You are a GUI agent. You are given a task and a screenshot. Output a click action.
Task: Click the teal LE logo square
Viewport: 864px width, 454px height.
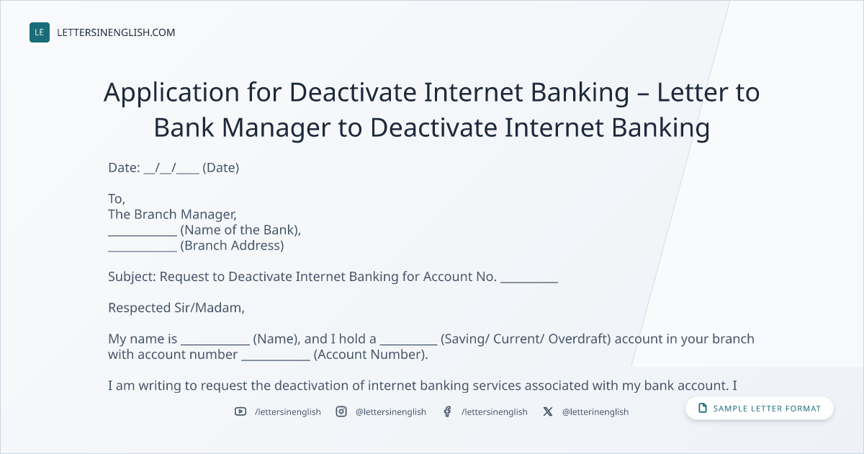(40, 32)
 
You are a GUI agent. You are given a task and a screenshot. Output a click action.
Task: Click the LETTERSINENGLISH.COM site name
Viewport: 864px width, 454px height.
(116, 32)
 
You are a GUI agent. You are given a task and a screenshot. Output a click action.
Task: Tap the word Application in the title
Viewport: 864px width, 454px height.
(171, 93)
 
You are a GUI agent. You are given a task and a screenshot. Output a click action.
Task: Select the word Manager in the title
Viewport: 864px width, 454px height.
(276, 128)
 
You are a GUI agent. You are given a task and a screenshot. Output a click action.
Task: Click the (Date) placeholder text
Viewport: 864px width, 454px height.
(220, 167)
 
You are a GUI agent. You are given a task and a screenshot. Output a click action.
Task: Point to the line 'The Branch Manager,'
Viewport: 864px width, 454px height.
(172, 214)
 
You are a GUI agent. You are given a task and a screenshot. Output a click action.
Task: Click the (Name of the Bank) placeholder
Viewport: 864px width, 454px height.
(240, 230)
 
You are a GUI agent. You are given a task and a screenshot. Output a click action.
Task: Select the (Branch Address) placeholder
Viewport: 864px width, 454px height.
(232, 246)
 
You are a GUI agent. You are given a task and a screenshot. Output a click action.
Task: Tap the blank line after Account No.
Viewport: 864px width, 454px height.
(529, 282)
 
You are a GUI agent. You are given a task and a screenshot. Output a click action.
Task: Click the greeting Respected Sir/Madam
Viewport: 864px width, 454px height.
(176, 308)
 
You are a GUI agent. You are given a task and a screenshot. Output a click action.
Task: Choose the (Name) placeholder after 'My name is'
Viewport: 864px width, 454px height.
(276, 339)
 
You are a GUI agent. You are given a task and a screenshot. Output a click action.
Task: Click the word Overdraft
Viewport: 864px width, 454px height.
(580, 339)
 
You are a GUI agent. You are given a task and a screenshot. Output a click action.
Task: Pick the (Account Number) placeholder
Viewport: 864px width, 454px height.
(371, 355)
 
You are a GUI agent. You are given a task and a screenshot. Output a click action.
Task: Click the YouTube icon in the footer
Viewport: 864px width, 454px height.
(240, 411)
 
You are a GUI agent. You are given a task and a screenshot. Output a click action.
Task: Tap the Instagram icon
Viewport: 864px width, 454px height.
(341, 411)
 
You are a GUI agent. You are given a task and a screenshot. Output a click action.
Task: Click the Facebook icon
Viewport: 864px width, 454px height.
(447, 411)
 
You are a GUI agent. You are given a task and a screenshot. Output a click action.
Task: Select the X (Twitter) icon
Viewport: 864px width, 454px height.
(548, 411)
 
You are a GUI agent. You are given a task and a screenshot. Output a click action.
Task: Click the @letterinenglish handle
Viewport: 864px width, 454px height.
(595, 412)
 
